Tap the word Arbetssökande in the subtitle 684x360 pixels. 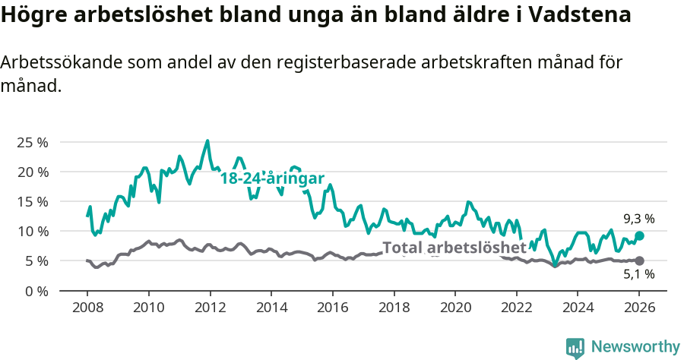[62, 62]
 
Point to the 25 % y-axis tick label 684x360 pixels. [33, 142]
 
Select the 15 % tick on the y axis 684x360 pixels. [33, 201]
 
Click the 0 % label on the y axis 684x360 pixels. [36, 291]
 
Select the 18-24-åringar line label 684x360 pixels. [272, 178]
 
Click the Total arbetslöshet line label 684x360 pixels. [454, 248]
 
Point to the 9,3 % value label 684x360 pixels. [638, 219]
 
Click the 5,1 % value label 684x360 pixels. [638, 275]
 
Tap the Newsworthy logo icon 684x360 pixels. [575, 348]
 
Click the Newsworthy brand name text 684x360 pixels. [635, 347]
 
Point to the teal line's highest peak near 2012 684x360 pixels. [207, 141]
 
